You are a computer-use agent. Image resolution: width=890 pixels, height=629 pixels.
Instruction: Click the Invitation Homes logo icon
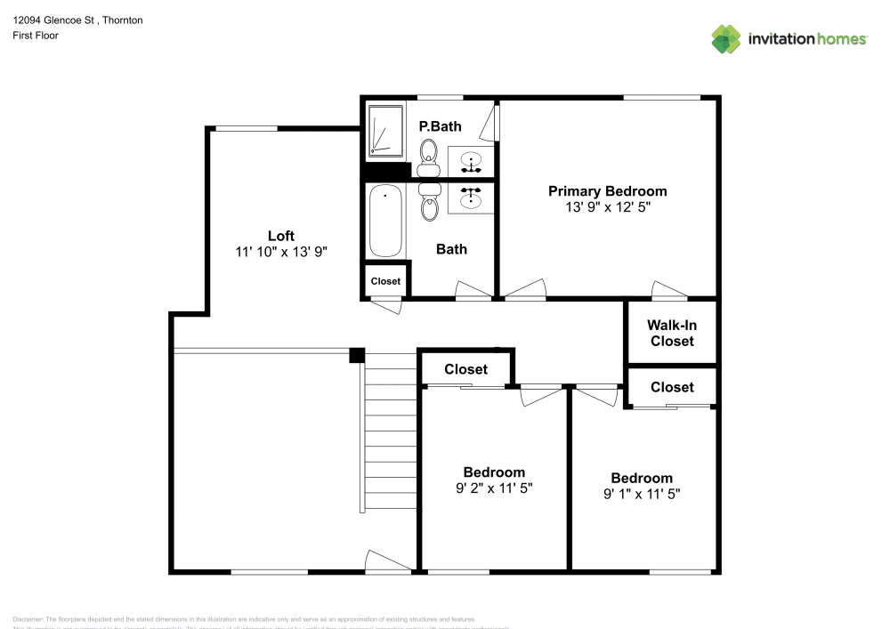tap(726, 38)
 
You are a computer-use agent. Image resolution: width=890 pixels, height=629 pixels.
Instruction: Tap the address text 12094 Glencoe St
tap(54, 20)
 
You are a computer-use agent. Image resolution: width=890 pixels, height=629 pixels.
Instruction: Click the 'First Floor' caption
tap(36, 36)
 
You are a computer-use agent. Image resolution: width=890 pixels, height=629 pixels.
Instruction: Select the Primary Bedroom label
tap(607, 191)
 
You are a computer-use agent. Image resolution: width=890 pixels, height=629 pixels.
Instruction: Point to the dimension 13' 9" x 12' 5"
tap(607, 206)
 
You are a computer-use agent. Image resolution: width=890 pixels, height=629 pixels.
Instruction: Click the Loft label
tap(281, 236)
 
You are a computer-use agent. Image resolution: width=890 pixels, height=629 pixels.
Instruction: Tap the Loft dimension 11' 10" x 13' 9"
tap(281, 252)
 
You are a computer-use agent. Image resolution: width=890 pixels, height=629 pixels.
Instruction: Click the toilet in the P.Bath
tap(429, 153)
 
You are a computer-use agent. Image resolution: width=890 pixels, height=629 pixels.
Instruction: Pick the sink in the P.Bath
tap(472, 162)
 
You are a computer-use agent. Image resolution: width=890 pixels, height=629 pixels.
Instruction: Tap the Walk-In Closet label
tap(672, 334)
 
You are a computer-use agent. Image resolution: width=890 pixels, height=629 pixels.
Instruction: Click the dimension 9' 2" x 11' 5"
tap(493, 488)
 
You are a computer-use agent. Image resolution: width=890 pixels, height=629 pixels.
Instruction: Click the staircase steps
tap(390, 431)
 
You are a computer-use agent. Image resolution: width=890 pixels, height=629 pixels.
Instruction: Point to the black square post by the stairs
tap(357, 355)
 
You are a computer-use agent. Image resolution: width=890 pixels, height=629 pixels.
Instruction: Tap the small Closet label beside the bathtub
tap(385, 281)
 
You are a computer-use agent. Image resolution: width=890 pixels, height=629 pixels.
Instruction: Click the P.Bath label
tap(440, 126)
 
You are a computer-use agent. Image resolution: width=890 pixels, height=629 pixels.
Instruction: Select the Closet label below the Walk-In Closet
tap(672, 387)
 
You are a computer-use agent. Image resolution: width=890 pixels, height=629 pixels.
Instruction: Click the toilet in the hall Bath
tap(430, 203)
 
